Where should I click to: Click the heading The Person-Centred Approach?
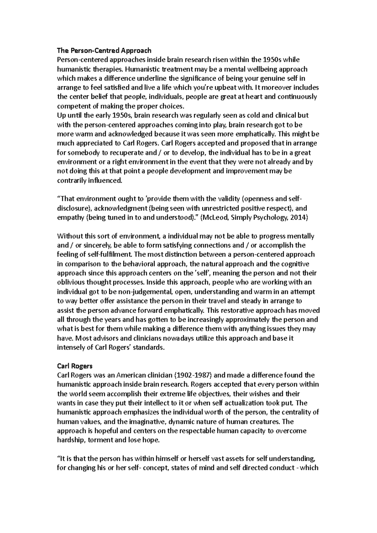pos(104,51)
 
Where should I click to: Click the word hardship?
pos(70,440)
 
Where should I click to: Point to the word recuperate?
pos(129,153)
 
